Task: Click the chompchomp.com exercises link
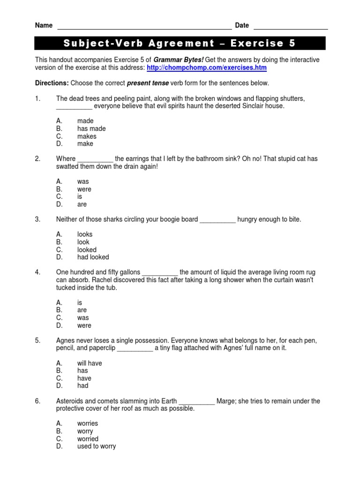coord(207,67)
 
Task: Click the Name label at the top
coord(44,25)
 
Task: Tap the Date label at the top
coord(242,25)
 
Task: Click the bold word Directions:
coord(52,83)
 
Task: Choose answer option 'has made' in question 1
coord(91,128)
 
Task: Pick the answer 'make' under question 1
coord(85,143)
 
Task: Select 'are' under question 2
coord(82,204)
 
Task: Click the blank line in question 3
coord(217,219)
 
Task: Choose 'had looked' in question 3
coord(93,257)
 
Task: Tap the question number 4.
coord(38,272)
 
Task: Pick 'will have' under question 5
coord(90,363)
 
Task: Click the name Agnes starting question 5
coord(65,340)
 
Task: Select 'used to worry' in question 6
coord(96,446)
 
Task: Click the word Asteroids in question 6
coord(71,401)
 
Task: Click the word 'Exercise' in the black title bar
coord(253,44)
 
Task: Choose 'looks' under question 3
coord(85,234)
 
